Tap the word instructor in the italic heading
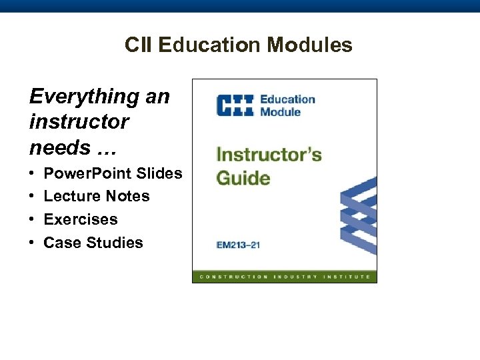click(x=79, y=122)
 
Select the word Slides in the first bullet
click(x=159, y=173)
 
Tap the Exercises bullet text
click(x=80, y=219)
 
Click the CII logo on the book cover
click(x=234, y=105)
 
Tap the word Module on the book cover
click(x=280, y=112)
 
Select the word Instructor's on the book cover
click(x=269, y=155)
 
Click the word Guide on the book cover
click(x=243, y=178)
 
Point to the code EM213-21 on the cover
click(x=238, y=245)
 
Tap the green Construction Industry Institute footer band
click(x=285, y=276)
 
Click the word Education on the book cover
click(x=287, y=99)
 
